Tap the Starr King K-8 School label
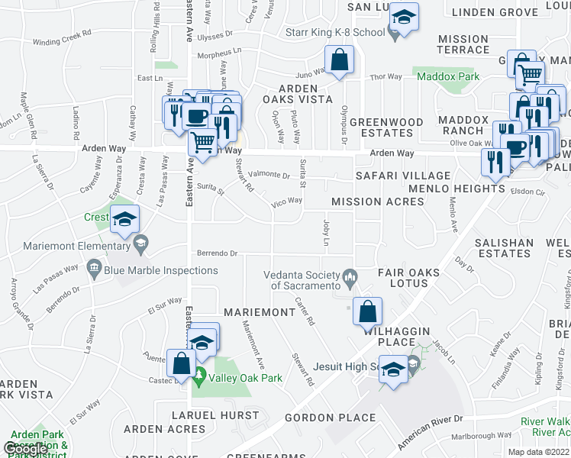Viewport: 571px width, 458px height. tap(334, 33)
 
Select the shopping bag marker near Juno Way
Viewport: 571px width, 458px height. tap(337, 60)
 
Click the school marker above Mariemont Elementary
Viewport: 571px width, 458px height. tap(124, 220)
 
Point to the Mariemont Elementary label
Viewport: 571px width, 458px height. tap(76, 246)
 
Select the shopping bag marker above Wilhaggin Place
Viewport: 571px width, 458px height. tap(367, 311)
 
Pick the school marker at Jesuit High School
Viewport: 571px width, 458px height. tap(393, 371)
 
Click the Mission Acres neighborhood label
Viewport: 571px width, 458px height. tap(377, 202)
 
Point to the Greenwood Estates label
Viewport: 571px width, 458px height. tap(386, 127)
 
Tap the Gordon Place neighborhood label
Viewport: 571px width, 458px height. tap(330, 418)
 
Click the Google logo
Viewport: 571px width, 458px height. tap(25, 449)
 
